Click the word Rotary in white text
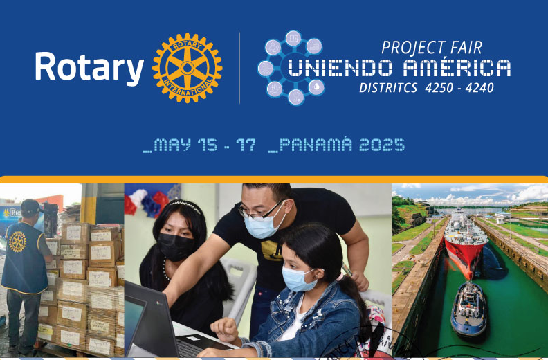[x=89, y=68]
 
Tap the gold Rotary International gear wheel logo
[x=187, y=68]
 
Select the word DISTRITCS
[x=387, y=88]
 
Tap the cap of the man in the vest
[x=30, y=206]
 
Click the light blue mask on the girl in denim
[x=300, y=278]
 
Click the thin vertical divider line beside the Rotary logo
[x=239, y=68]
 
